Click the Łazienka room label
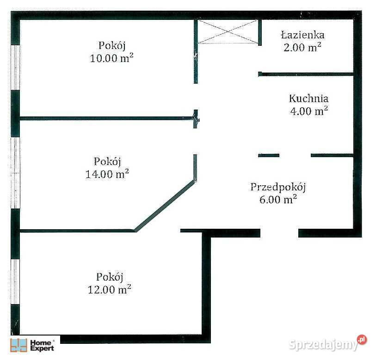(302, 35)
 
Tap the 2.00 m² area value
(302, 47)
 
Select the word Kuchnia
(308, 98)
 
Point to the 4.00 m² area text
(308, 111)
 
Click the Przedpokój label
(278, 187)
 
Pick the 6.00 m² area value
(278, 200)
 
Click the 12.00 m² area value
(110, 289)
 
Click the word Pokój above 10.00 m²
(112, 46)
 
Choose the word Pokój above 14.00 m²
(107, 162)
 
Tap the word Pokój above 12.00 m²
(110, 277)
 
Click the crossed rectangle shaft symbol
(228, 31)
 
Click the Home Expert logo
(32, 345)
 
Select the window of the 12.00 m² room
(15, 282)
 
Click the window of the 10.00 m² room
(15, 67)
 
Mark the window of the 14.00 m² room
(15, 173)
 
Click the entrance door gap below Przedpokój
(279, 233)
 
